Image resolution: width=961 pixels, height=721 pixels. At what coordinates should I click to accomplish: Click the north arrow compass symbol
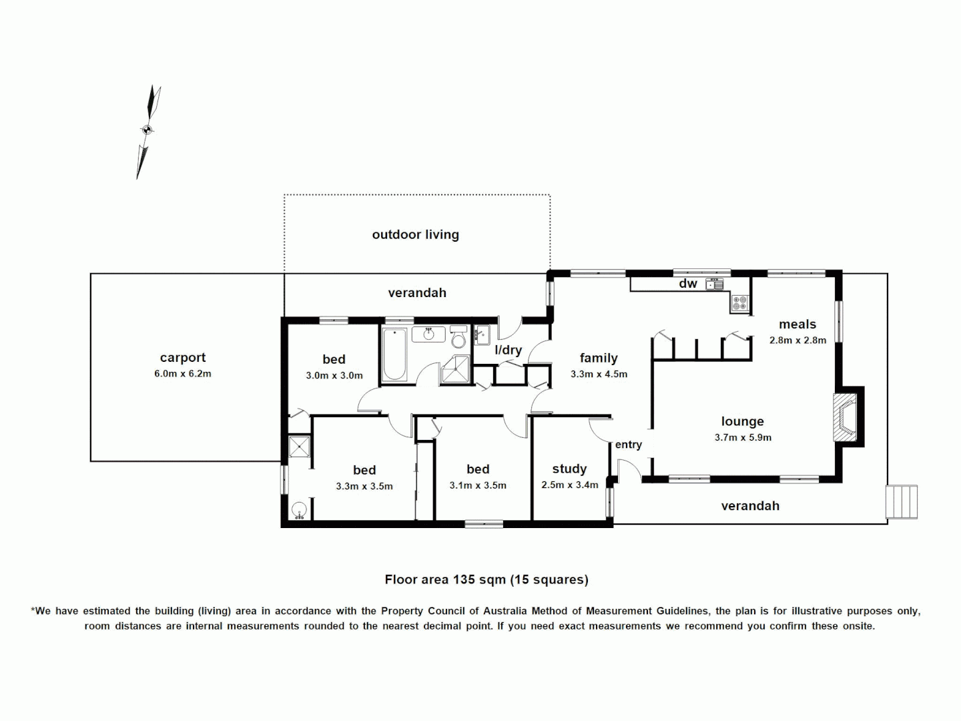148,131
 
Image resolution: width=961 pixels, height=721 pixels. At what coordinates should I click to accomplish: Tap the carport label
183,358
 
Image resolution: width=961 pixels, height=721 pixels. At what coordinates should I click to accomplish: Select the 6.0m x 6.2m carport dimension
183,374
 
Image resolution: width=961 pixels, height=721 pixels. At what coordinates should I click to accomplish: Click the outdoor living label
415,234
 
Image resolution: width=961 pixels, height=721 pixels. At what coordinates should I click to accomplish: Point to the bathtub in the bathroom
395,354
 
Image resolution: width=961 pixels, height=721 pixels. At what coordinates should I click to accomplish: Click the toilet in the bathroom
458,338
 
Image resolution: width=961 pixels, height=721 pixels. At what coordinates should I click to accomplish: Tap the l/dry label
508,350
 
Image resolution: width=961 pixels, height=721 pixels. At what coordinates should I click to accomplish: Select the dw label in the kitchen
688,284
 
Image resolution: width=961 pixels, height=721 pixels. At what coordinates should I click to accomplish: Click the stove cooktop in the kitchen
739,303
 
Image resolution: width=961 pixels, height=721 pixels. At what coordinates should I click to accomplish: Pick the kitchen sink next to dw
715,284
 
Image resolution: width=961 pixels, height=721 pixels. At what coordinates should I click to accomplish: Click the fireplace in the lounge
846,417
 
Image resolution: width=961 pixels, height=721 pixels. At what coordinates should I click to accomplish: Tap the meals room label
797,324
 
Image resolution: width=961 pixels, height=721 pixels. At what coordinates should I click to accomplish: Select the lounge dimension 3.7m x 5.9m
743,438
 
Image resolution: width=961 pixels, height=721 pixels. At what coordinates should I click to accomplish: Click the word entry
628,445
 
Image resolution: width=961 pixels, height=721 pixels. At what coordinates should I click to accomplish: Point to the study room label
569,469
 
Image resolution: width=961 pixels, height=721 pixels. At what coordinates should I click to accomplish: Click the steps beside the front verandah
902,501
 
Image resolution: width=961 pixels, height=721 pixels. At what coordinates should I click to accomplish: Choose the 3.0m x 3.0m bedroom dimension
334,376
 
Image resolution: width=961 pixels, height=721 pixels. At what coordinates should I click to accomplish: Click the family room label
599,358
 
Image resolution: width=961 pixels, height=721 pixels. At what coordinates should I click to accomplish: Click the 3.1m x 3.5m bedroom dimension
478,486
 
